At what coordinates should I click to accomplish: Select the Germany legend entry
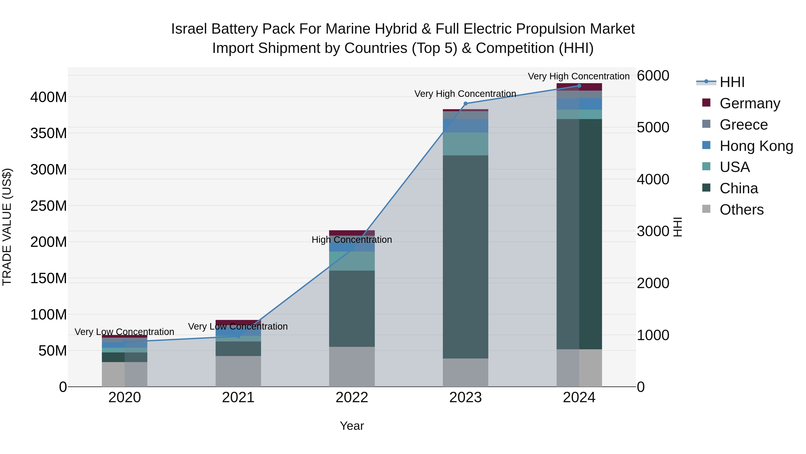(x=749, y=103)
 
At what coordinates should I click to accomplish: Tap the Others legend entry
(x=741, y=210)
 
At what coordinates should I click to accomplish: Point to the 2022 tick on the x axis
(x=352, y=398)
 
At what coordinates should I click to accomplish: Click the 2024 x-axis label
(x=579, y=398)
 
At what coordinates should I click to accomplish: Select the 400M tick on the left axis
(x=49, y=97)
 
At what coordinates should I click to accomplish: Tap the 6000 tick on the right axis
(x=653, y=76)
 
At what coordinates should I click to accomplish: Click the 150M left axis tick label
(x=49, y=278)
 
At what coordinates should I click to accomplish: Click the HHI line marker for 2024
(x=579, y=86)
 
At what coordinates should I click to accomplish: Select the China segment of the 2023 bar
(x=465, y=257)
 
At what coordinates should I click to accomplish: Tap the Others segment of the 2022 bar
(x=352, y=367)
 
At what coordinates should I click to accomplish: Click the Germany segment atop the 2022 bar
(x=352, y=233)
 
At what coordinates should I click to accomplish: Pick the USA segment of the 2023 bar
(x=465, y=144)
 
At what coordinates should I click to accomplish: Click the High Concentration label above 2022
(x=352, y=240)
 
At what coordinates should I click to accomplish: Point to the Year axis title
(x=352, y=426)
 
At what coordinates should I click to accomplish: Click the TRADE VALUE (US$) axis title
(x=7, y=227)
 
